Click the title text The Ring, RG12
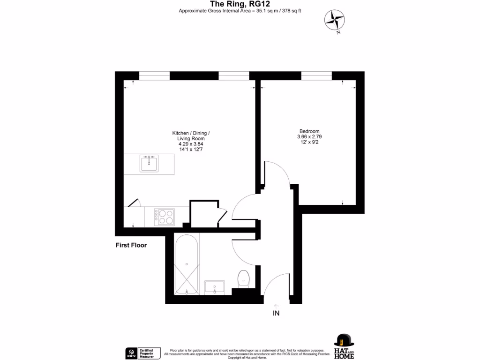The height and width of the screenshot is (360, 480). pyautogui.click(x=240, y=4)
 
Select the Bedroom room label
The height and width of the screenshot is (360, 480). pyautogui.click(x=309, y=131)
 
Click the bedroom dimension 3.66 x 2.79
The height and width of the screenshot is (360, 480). pyautogui.click(x=309, y=136)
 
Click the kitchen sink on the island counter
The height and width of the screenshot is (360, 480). pyautogui.click(x=150, y=163)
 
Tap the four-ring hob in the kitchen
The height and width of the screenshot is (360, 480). pyautogui.click(x=166, y=217)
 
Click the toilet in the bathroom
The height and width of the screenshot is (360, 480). pyautogui.click(x=244, y=277)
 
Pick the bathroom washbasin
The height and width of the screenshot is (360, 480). pyautogui.click(x=215, y=286)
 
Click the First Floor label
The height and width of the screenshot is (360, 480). pyautogui.click(x=131, y=245)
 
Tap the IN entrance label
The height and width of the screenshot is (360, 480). pyautogui.click(x=276, y=314)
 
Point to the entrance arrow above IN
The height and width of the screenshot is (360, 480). pyautogui.click(x=276, y=305)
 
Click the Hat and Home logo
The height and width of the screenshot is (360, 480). pyautogui.click(x=344, y=346)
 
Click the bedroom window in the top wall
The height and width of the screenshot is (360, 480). pyautogui.click(x=316, y=76)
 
